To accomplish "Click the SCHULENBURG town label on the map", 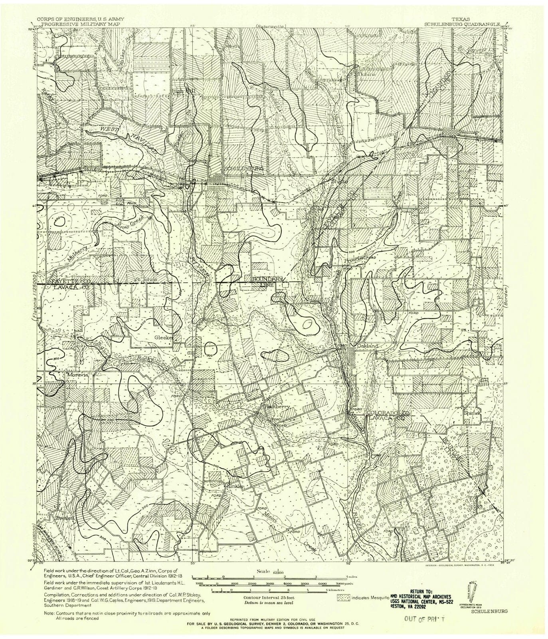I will [244, 169].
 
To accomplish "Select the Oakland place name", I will [367, 345].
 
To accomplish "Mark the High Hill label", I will [183, 91].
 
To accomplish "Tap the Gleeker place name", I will [164, 337].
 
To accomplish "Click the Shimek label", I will [471, 413].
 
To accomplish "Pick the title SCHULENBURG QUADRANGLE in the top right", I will [462, 24].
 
